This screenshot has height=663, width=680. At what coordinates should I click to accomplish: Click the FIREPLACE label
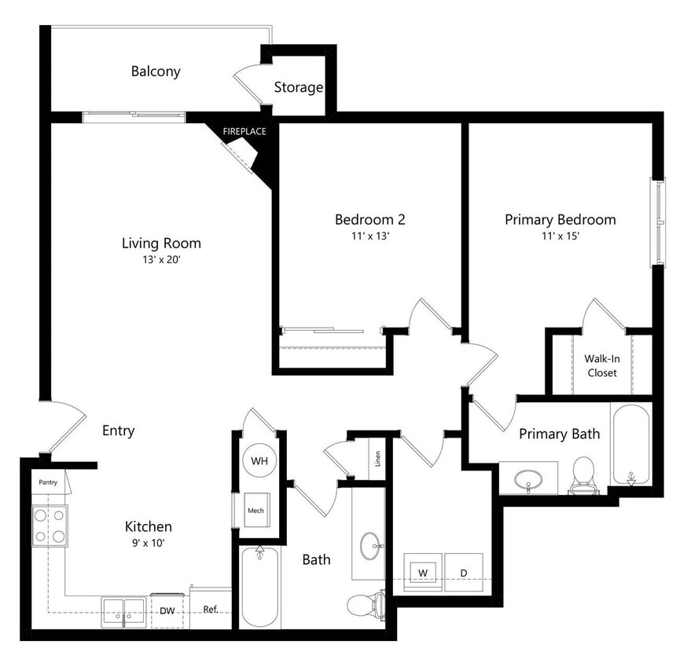point(244,131)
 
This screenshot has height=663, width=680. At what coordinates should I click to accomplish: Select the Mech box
point(255,510)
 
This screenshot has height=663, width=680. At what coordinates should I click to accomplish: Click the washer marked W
point(422,573)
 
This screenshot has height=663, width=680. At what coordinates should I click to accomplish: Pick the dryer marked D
point(464,573)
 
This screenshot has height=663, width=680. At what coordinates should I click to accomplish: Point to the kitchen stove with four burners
point(50,525)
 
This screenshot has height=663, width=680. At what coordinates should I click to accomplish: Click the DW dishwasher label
point(167,610)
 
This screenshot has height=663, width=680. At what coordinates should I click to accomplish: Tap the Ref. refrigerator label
point(210,610)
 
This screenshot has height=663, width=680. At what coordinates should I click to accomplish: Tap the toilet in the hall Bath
point(365,606)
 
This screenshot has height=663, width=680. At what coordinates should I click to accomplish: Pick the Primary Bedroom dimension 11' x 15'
point(560,236)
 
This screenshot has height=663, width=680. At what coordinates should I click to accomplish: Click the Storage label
point(298,87)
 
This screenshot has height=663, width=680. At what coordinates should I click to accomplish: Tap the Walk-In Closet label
point(601,365)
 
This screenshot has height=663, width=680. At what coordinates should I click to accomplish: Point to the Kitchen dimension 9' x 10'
point(148,542)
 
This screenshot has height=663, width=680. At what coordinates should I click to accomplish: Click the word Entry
point(119,430)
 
